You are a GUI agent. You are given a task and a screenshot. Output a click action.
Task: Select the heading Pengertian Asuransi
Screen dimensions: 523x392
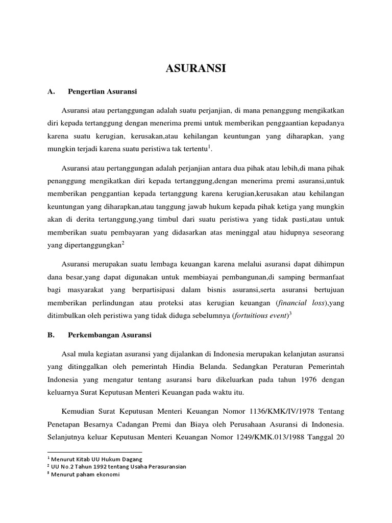tap(102, 92)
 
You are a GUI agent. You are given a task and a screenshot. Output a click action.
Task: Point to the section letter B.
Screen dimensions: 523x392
tap(50, 335)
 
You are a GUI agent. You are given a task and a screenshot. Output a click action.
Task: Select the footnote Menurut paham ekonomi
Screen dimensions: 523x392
tap(85, 473)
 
